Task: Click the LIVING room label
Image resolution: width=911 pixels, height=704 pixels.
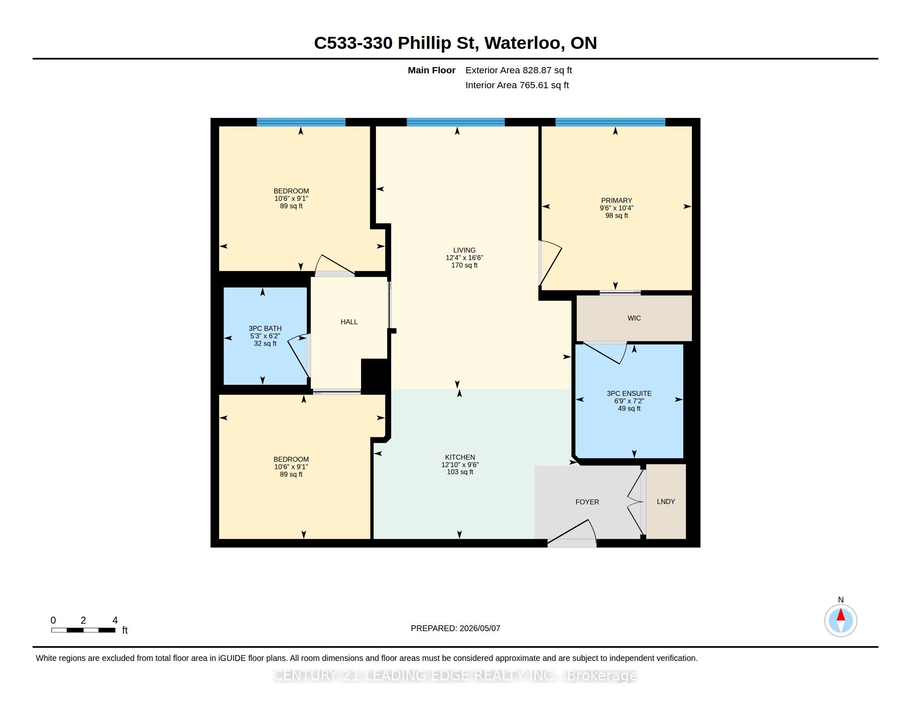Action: (x=464, y=250)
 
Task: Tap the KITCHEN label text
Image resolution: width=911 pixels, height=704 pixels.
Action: (x=460, y=457)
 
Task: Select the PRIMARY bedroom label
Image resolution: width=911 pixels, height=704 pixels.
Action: (x=617, y=200)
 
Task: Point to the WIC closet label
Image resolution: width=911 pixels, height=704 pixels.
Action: (x=634, y=318)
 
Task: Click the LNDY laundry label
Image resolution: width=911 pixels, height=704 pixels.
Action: (x=666, y=502)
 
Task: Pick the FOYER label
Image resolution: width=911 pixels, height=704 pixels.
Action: (x=587, y=502)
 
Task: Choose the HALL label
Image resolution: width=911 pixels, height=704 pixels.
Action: (x=349, y=322)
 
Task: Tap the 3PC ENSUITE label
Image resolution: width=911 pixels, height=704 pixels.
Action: (x=629, y=393)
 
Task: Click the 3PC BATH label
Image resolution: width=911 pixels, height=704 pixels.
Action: (x=265, y=329)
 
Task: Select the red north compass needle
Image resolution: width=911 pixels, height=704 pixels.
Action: (x=841, y=615)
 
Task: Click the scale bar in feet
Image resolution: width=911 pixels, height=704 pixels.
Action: (x=83, y=630)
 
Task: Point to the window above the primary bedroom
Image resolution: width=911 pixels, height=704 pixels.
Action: (x=610, y=122)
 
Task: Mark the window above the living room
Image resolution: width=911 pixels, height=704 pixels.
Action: (x=455, y=122)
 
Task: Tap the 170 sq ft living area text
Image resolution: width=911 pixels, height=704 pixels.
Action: (x=464, y=265)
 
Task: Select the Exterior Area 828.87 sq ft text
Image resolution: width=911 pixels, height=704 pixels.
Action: (x=518, y=70)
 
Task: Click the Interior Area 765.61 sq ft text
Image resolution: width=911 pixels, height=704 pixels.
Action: (x=517, y=85)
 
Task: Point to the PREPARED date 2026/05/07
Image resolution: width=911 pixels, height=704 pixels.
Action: (x=455, y=628)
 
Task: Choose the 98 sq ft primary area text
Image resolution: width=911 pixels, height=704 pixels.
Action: (x=617, y=216)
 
